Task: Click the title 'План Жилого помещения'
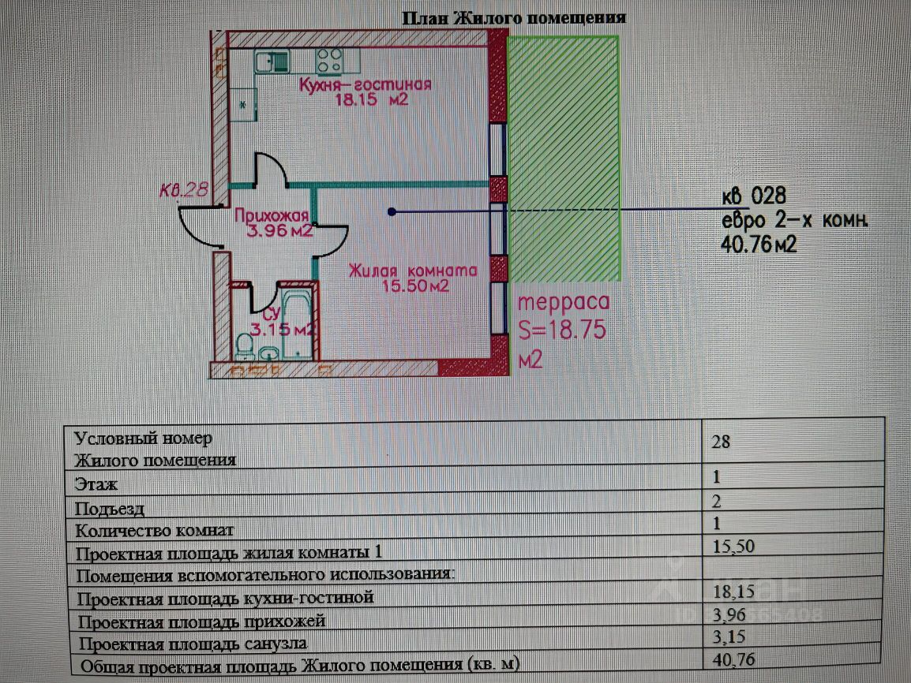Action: [514, 17]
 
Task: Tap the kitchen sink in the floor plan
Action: [272, 61]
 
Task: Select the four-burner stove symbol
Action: [329, 61]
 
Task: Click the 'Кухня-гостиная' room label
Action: [366, 84]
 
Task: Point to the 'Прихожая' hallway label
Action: [272, 215]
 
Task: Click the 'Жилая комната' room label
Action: [413, 271]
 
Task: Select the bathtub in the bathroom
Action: [297, 323]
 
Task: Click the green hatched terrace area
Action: [563, 159]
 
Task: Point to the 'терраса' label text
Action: [564, 302]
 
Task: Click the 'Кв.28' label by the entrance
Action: [184, 190]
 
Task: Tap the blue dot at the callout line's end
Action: [392, 212]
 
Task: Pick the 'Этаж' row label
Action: [96, 484]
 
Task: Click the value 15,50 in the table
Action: [733, 546]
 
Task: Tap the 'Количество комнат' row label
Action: [155, 530]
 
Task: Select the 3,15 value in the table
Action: [729, 637]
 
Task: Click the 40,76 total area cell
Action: [734, 660]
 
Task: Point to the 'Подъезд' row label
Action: [110, 509]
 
